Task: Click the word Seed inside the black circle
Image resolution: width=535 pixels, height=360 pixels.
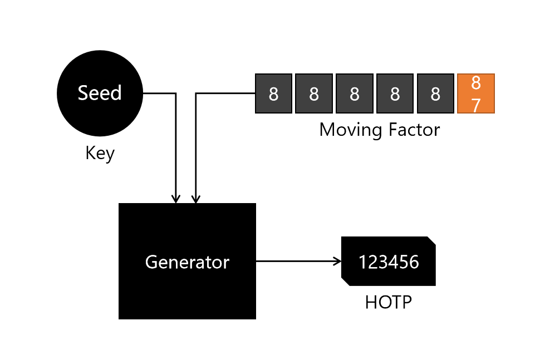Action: coord(100,93)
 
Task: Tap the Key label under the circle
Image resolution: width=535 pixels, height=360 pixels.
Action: coord(100,152)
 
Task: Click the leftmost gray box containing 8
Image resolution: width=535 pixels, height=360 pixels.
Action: coord(273,93)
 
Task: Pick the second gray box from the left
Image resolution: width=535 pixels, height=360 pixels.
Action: coord(314,93)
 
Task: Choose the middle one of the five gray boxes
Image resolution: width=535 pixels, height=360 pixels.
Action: coord(354,93)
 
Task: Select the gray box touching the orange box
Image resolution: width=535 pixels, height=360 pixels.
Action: coord(435,93)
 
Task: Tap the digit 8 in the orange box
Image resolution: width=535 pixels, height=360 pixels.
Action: coord(475,83)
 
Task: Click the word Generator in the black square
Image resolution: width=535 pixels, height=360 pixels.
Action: coord(187,262)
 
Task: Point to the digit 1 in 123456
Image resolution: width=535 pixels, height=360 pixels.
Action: coord(362,262)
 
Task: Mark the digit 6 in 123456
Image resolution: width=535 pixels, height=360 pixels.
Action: coord(414,262)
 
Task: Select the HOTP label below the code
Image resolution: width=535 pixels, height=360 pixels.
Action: coord(388,302)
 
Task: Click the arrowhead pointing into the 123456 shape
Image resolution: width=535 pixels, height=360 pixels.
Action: coord(337,261)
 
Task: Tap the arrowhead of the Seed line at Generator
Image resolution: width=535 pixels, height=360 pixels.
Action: coord(176,199)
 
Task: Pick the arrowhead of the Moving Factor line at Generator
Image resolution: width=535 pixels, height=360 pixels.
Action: coord(195,199)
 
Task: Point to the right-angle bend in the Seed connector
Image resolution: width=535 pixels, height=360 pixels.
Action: coord(176,93)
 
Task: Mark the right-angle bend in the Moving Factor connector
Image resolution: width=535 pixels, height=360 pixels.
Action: coord(195,93)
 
